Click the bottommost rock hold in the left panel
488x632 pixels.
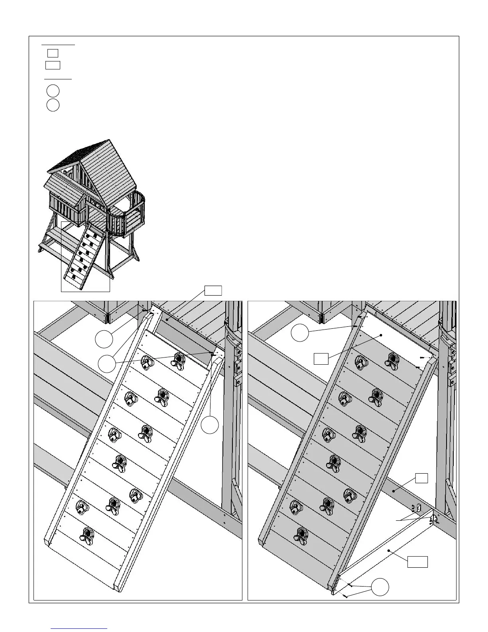[x=87, y=534]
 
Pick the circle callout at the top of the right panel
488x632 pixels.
[x=300, y=332]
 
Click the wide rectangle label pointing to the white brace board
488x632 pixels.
[x=417, y=562]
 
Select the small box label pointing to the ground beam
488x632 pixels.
[x=422, y=478]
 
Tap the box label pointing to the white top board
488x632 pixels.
[x=321, y=359]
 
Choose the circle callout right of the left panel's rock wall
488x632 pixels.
[x=210, y=425]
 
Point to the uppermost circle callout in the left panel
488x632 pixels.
[x=104, y=339]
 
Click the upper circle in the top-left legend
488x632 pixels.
[x=53, y=91]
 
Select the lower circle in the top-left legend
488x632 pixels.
[x=53, y=105]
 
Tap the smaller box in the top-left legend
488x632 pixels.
[x=53, y=53]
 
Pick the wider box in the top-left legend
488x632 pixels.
[x=53, y=65]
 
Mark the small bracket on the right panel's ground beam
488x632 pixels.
[x=418, y=508]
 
